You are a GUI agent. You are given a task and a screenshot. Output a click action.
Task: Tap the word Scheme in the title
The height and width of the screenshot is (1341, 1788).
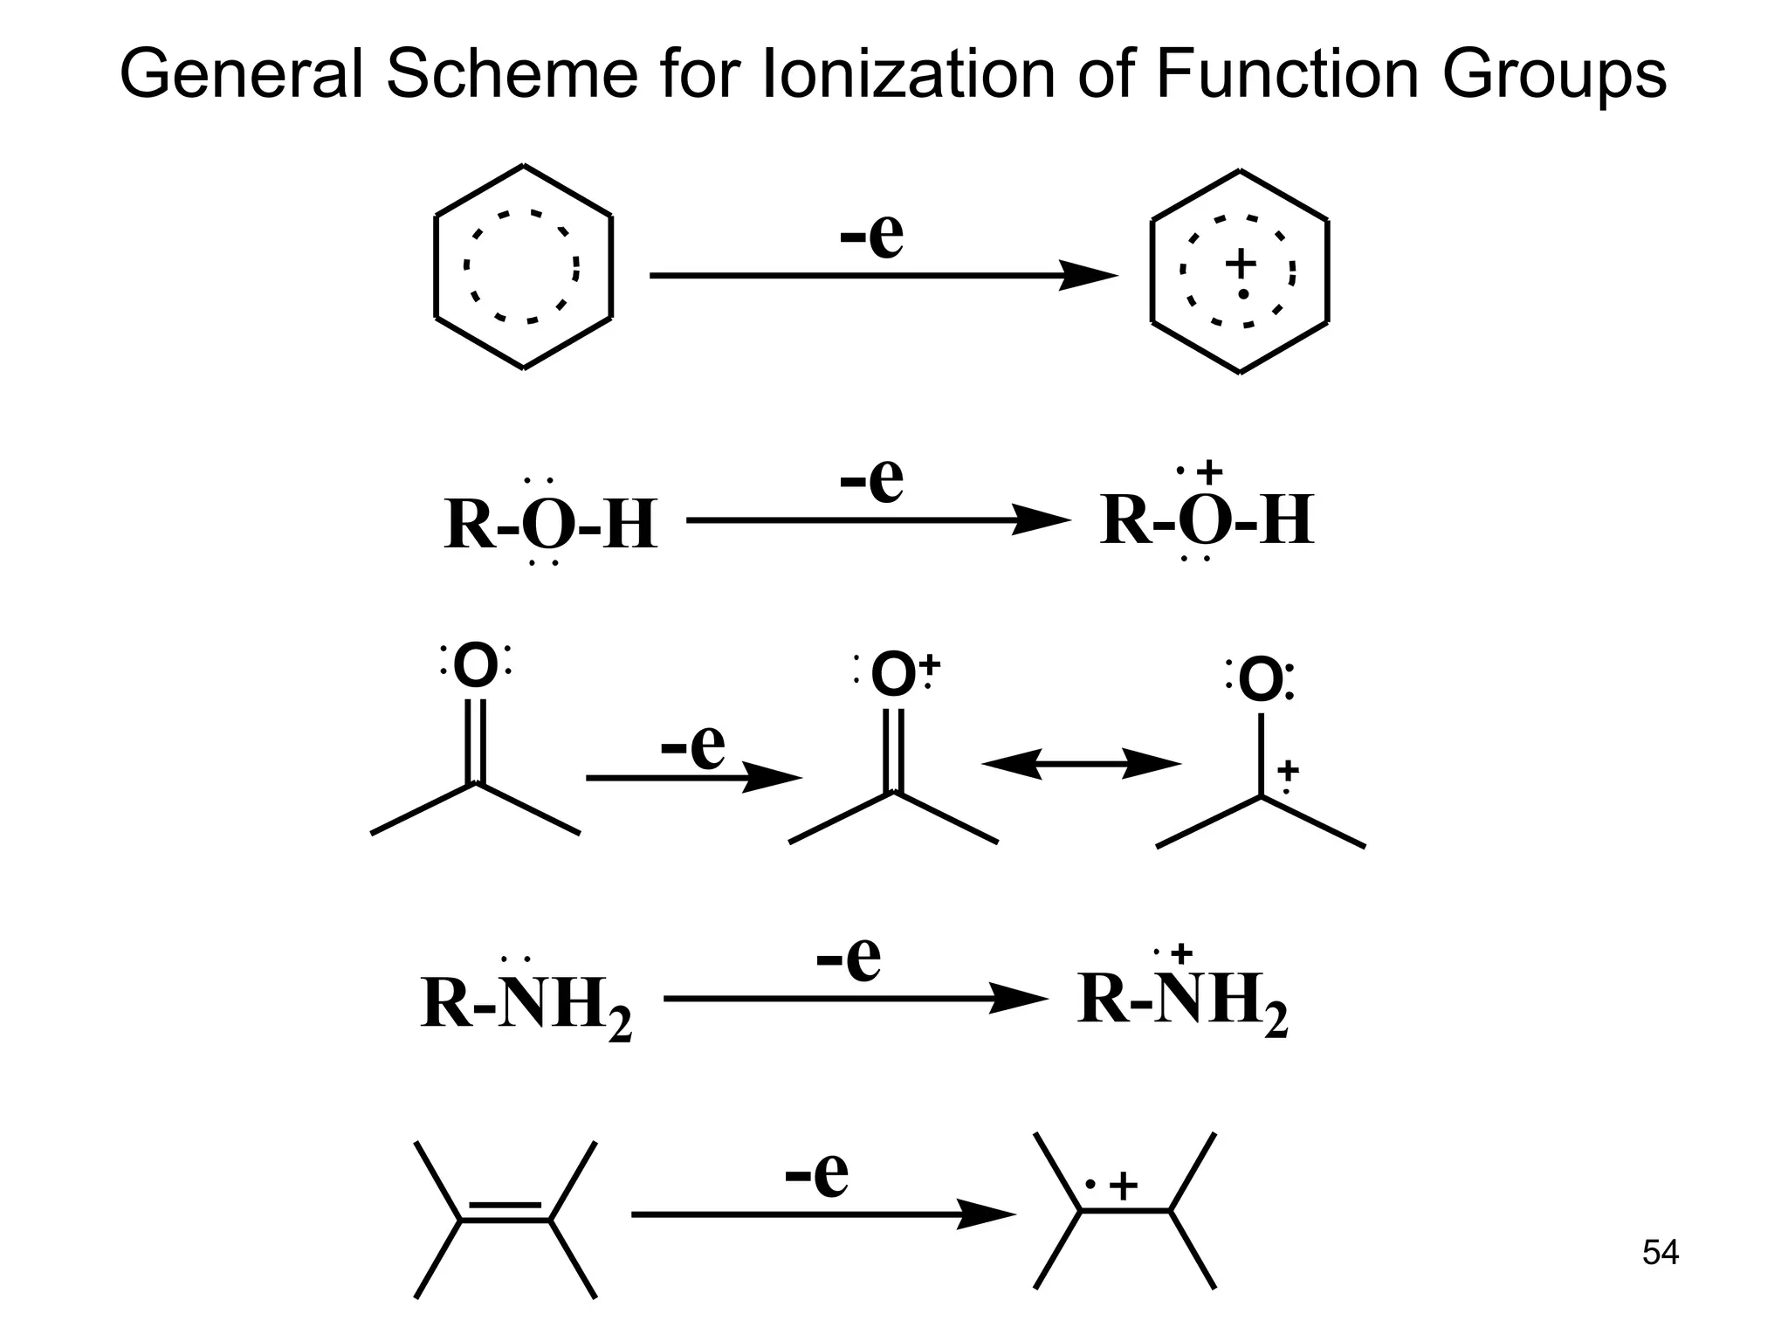click(x=512, y=74)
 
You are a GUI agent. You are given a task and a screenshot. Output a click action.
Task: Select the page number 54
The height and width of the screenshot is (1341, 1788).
click(x=1660, y=1253)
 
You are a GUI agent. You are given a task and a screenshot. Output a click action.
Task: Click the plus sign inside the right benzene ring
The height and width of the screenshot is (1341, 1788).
click(x=1241, y=263)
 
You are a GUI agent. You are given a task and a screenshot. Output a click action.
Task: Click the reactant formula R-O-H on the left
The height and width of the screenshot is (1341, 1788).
click(x=550, y=525)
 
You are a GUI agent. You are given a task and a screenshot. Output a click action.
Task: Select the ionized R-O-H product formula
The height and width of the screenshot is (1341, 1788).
click(x=1207, y=520)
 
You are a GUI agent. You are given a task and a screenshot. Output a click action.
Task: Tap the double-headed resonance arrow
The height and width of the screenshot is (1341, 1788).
click(x=1081, y=764)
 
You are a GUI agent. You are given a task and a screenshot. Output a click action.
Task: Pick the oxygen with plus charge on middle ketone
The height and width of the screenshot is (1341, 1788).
click(x=894, y=675)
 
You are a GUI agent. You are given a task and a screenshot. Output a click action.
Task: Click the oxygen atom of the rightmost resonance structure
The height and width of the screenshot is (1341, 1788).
click(x=1261, y=681)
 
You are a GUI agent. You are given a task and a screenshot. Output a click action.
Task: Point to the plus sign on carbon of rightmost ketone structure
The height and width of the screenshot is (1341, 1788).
click(x=1288, y=771)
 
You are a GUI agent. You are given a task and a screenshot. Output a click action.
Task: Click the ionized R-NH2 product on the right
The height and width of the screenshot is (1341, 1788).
click(x=1182, y=1001)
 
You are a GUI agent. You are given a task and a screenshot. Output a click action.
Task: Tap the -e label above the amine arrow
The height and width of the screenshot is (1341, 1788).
click(x=848, y=959)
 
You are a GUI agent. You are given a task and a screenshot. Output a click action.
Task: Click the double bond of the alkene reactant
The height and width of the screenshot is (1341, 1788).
click(x=505, y=1213)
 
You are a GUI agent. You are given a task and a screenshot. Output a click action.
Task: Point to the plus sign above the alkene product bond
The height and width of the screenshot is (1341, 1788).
click(x=1124, y=1186)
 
